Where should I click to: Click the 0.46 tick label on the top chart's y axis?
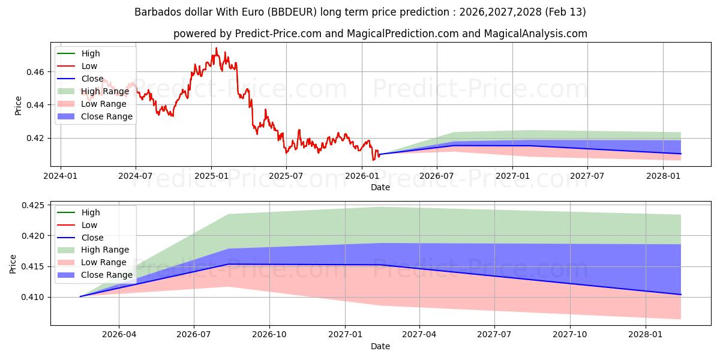(35, 72)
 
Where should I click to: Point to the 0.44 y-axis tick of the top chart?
(35, 105)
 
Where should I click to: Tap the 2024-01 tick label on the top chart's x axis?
(61, 176)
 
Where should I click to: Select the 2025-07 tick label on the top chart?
(286, 176)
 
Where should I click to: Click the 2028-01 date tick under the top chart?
(662, 176)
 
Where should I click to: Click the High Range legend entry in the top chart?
(105, 91)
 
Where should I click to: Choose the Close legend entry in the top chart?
(92, 79)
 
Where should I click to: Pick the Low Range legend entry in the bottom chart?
(103, 262)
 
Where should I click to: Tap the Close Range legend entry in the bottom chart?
(106, 275)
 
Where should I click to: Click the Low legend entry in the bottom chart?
(89, 225)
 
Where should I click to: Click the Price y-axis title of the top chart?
(18, 106)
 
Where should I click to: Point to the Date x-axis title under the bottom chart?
(380, 346)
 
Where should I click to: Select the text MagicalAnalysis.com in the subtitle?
(539, 34)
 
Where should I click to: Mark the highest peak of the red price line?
(216, 48)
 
